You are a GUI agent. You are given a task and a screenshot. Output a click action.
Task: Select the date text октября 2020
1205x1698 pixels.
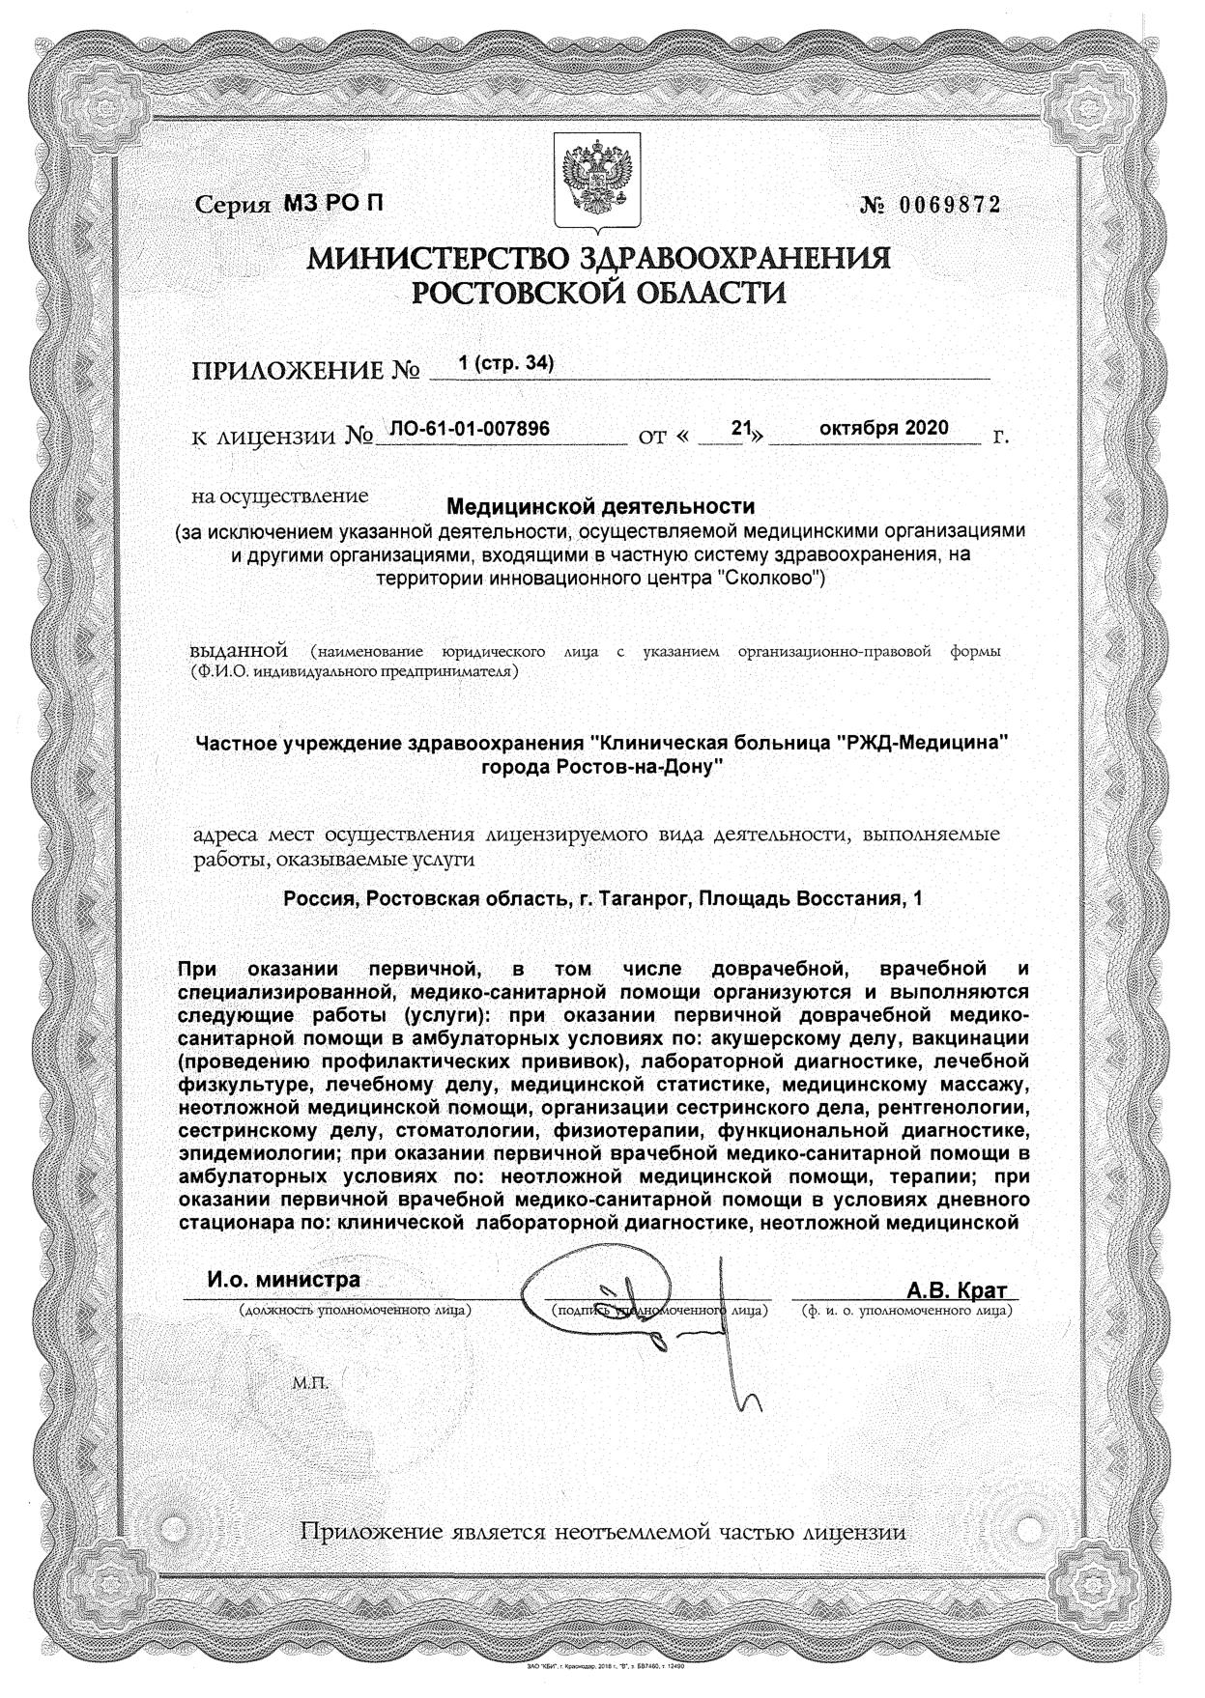tap(883, 428)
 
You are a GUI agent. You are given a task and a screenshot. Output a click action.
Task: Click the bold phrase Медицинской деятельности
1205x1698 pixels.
tap(600, 505)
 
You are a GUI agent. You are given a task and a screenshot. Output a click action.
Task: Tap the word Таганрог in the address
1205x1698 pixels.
tap(645, 898)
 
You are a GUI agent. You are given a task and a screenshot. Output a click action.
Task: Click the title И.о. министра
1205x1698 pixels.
tap(283, 1280)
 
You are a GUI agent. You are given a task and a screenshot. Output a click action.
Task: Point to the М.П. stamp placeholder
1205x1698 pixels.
tap(310, 1383)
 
